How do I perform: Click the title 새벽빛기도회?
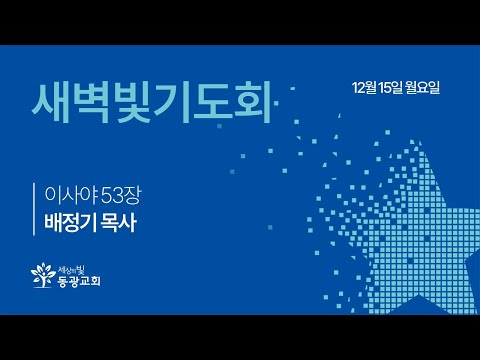(x=152, y=101)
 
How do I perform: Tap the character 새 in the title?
(x=53, y=101)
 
